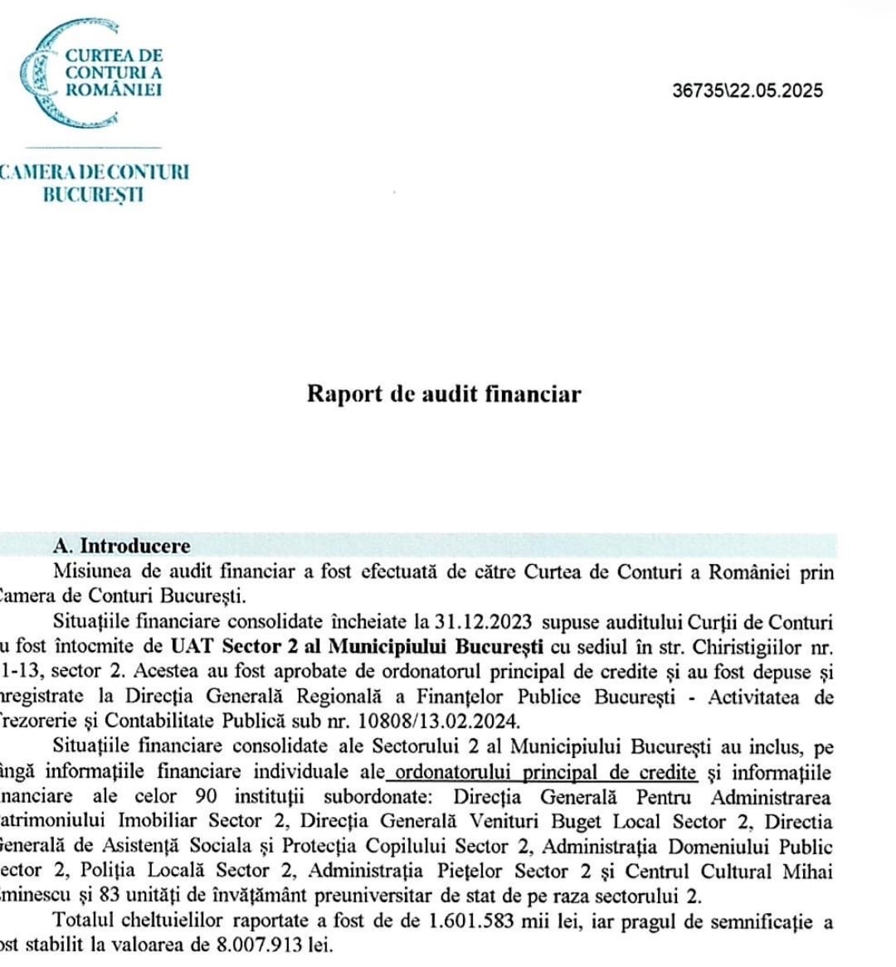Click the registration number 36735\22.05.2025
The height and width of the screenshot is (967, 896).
click(x=747, y=91)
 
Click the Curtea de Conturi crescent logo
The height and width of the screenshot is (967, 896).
click(x=50, y=75)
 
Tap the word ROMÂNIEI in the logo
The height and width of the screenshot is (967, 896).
click(x=114, y=90)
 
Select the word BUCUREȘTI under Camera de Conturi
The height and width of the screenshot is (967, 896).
click(x=93, y=195)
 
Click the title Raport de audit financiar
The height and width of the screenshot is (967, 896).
click(x=444, y=393)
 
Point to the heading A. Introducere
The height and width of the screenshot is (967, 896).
click(x=122, y=546)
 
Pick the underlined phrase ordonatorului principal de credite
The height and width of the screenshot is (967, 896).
click(x=546, y=771)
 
